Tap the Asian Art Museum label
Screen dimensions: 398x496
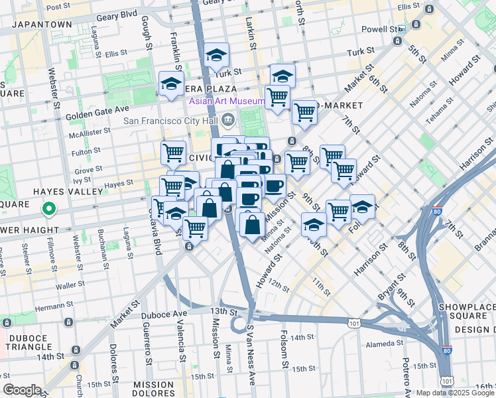(227, 101)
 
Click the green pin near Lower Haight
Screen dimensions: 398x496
(48, 210)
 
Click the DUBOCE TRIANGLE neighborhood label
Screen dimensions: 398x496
(27, 342)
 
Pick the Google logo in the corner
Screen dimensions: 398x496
(22, 390)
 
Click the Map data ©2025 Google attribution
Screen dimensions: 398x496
(455, 393)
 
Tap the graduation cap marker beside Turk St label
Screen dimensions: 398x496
(216, 56)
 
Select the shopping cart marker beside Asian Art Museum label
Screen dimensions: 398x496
(277, 97)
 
